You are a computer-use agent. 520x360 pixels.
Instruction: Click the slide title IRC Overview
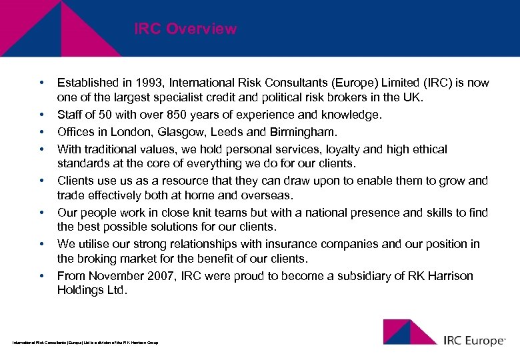(x=185, y=29)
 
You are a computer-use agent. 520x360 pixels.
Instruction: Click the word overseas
(x=267, y=196)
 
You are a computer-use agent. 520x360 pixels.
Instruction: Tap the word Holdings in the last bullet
(x=80, y=290)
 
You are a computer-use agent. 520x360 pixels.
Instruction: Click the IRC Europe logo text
(x=474, y=340)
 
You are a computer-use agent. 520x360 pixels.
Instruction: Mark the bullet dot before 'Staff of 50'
(x=41, y=115)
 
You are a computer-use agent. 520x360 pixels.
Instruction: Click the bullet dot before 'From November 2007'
(x=41, y=275)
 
